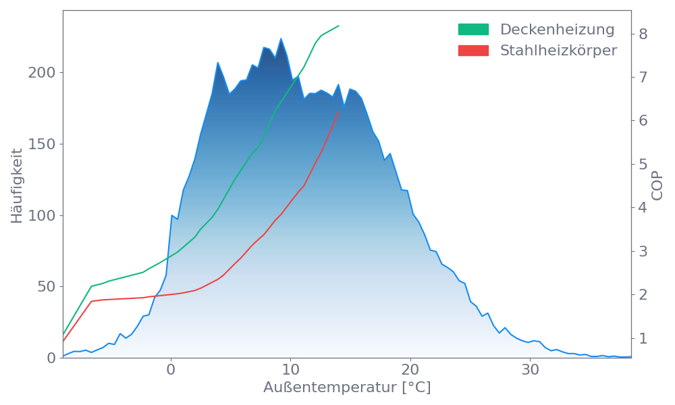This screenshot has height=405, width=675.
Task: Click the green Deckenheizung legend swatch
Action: click(473, 29)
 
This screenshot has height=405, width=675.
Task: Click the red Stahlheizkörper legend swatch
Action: click(473, 51)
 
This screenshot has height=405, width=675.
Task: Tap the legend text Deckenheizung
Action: click(557, 30)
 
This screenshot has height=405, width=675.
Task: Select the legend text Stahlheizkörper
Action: click(558, 51)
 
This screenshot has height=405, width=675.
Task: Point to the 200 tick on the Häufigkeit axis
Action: click(40, 73)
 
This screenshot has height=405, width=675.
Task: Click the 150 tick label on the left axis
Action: click(40, 144)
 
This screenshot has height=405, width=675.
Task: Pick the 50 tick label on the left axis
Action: click(45, 287)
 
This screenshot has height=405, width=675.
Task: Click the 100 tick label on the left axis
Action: click(40, 216)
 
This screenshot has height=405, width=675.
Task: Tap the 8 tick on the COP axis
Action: click(643, 34)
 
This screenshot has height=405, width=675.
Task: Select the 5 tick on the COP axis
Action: click(643, 164)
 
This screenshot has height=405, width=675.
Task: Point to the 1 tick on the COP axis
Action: click(643, 338)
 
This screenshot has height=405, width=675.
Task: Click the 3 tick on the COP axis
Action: click(643, 251)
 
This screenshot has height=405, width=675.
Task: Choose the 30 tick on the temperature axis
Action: click(531, 369)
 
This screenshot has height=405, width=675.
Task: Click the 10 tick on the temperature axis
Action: click(290, 369)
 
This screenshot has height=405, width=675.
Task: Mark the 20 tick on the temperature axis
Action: click(410, 369)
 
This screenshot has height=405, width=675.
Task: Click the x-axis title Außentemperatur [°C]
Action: click(347, 388)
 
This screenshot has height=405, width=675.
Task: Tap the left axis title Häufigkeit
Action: click(17, 186)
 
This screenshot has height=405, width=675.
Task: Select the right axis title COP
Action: click(657, 186)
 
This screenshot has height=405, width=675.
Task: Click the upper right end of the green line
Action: click(339, 26)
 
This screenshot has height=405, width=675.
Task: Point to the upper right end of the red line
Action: click(339, 112)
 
